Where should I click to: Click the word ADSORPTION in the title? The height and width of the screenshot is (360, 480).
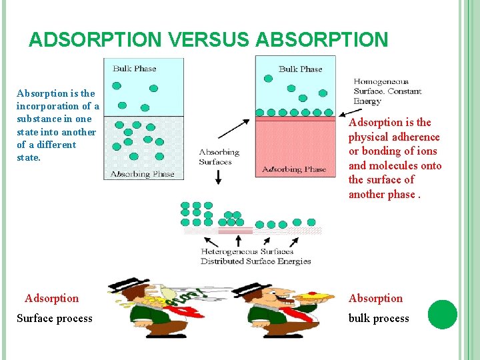point(95,39)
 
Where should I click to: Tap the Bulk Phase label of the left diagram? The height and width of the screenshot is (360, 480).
point(135,68)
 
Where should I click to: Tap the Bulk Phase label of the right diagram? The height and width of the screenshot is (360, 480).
point(300,69)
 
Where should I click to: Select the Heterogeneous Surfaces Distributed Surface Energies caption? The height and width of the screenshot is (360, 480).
point(256,257)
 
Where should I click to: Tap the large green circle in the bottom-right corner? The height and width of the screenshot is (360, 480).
point(443,314)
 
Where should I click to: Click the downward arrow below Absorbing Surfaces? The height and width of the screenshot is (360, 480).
point(219,177)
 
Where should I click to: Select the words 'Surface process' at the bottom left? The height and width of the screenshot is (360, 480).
point(55,319)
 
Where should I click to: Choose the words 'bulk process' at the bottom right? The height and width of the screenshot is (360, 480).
point(379,319)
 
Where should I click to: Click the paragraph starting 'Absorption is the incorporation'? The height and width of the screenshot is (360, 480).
point(58,125)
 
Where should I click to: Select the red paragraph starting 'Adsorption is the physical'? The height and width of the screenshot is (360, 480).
point(395,158)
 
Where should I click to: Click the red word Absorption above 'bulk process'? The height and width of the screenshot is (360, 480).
point(375,298)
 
